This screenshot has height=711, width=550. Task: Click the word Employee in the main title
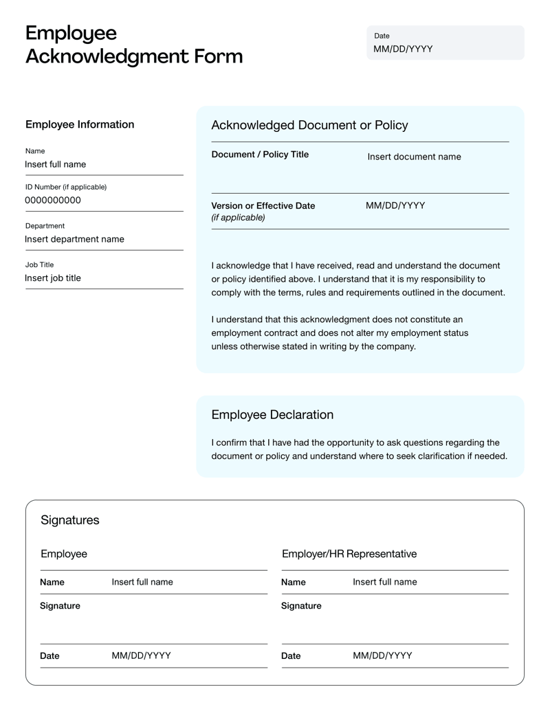[x=71, y=33]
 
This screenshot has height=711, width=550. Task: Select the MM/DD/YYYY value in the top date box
[x=403, y=49]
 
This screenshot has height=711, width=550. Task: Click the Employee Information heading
[x=80, y=124]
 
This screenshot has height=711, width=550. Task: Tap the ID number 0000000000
[x=53, y=201]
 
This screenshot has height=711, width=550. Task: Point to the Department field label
[x=45, y=225]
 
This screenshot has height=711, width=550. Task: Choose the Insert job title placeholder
[x=53, y=278]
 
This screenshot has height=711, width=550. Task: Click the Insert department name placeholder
[x=74, y=239]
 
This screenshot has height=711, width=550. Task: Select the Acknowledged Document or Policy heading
[x=309, y=125]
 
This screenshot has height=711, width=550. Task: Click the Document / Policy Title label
[x=260, y=155]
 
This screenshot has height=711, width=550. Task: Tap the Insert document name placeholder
[x=414, y=157]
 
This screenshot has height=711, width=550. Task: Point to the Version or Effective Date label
[x=263, y=205]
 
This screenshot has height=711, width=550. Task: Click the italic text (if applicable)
[x=238, y=218]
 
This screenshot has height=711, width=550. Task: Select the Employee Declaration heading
[x=272, y=415]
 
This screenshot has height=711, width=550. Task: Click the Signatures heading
[x=69, y=520]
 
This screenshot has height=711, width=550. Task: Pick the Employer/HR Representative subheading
[x=349, y=554]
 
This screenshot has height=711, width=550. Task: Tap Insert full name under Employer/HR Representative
[x=384, y=583]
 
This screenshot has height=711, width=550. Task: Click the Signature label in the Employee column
[x=60, y=606]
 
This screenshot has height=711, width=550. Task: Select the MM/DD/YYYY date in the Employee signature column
[x=141, y=656]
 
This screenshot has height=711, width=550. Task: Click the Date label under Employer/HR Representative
[x=291, y=656]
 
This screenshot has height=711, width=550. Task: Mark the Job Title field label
[x=39, y=264]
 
